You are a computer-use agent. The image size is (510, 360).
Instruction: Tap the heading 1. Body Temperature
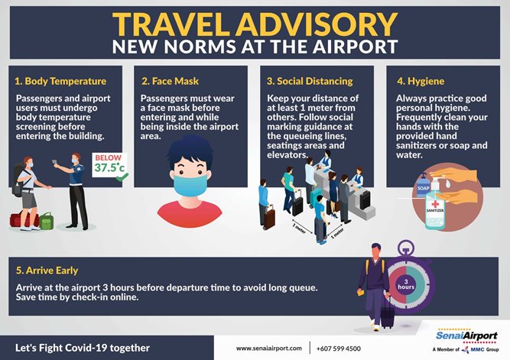click(60, 81)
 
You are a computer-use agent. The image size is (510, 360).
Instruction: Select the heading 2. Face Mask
click(170, 81)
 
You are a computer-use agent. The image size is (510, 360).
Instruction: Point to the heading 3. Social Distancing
click(310, 81)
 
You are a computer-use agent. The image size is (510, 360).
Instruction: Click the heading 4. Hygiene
click(421, 81)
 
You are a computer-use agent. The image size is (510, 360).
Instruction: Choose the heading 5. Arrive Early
click(47, 271)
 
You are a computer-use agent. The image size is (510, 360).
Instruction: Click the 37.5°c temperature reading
click(109, 167)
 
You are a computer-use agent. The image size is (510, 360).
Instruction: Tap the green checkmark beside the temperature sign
click(122, 177)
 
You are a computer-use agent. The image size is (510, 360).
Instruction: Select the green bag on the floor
click(46, 221)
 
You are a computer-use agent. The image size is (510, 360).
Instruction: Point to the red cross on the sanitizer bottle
click(435, 204)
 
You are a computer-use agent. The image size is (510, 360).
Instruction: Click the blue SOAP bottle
click(423, 185)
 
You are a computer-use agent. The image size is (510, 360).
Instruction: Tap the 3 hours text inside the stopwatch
click(406, 284)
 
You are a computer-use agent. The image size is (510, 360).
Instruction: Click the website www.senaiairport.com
click(268, 349)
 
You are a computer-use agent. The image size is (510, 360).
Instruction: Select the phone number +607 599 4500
click(339, 349)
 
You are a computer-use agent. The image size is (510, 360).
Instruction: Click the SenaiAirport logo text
click(466, 336)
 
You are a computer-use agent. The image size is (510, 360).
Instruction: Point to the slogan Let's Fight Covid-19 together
click(83, 348)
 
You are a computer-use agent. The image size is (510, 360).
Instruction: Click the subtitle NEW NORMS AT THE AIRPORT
click(255, 47)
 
